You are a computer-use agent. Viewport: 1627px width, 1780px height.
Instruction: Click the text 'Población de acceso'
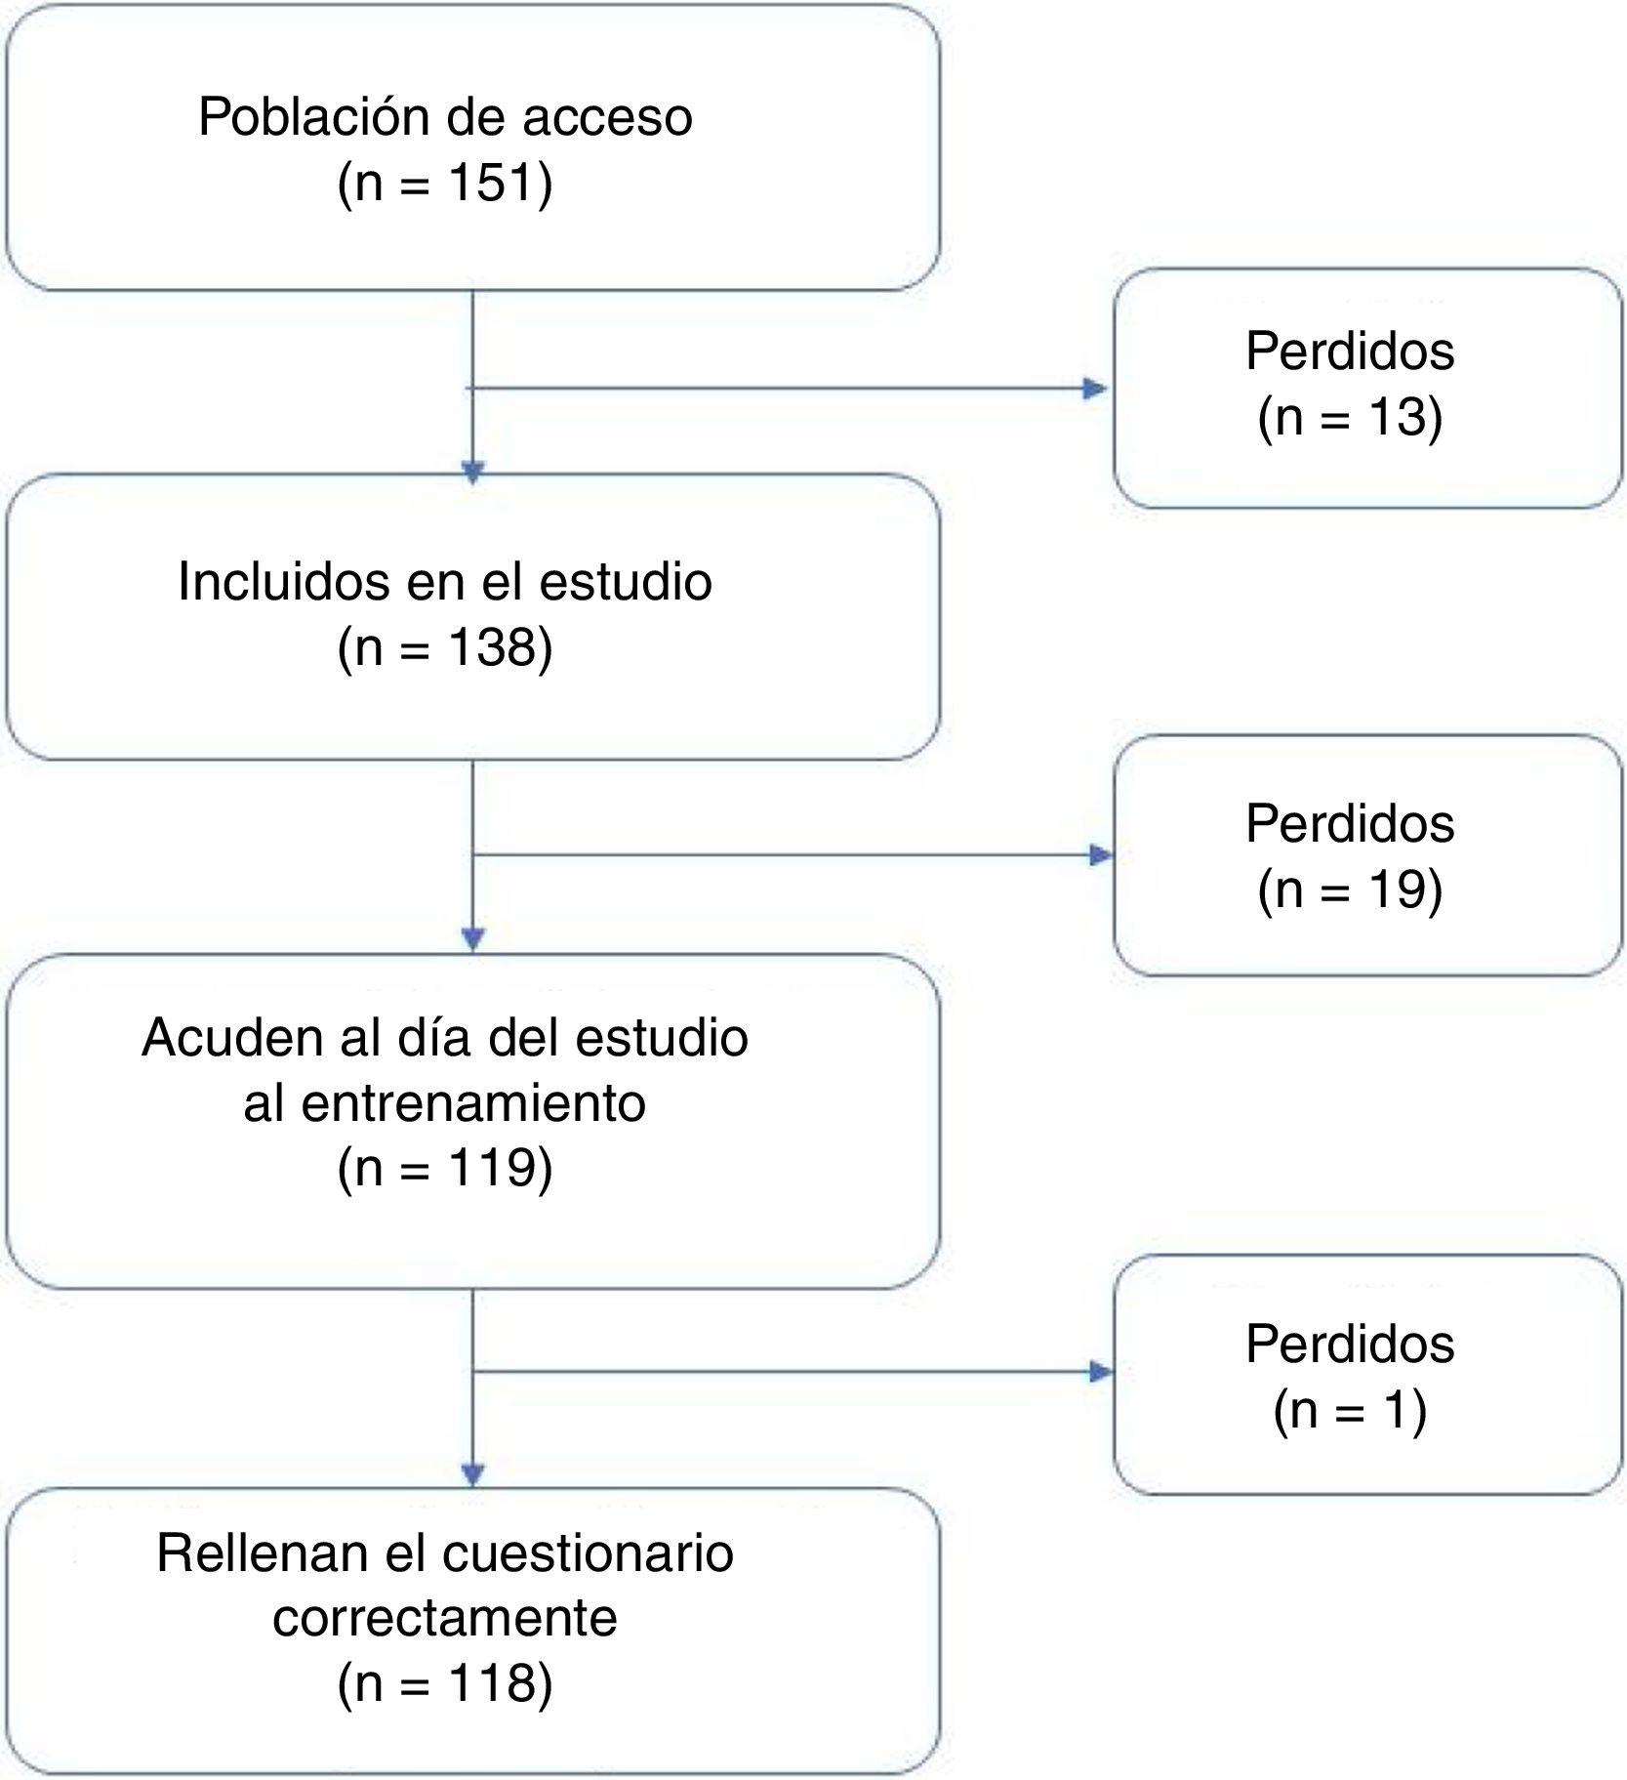pyautogui.click(x=445, y=117)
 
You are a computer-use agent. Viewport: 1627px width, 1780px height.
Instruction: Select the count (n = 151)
pyautogui.click(x=445, y=183)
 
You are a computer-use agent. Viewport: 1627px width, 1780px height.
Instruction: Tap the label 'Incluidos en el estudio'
pyautogui.click(x=445, y=582)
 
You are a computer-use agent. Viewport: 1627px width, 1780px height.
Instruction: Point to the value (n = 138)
pyautogui.click(x=445, y=647)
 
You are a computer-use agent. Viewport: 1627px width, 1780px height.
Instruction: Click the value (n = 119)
pyautogui.click(x=445, y=1168)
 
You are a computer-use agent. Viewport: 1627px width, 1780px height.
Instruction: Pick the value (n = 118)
pyautogui.click(x=445, y=1682)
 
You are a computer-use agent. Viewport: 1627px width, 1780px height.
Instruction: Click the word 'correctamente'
pyautogui.click(x=445, y=1617)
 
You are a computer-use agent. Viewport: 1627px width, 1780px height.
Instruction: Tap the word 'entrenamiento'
pyautogui.click(x=473, y=1103)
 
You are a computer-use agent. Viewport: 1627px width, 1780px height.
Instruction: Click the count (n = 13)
pyautogui.click(x=1350, y=417)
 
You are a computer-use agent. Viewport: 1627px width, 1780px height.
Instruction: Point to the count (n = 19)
pyautogui.click(x=1350, y=890)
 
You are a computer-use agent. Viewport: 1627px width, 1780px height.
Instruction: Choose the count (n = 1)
pyautogui.click(x=1350, y=1410)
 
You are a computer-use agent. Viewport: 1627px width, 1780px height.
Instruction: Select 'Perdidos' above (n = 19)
pyautogui.click(x=1350, y=823)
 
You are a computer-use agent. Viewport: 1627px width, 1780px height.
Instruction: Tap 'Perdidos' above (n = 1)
pyautogui.click(x=1350, y=1344)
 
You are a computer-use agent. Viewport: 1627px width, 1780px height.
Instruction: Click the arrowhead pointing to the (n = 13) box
pyautogui.click(x=1095, y=390)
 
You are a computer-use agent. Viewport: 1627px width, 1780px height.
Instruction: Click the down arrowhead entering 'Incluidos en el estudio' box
pyautogui.click(x=473, y=473)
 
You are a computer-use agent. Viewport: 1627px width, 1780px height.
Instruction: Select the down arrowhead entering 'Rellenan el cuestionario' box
pyautogui.click(x=473, y=1474)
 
